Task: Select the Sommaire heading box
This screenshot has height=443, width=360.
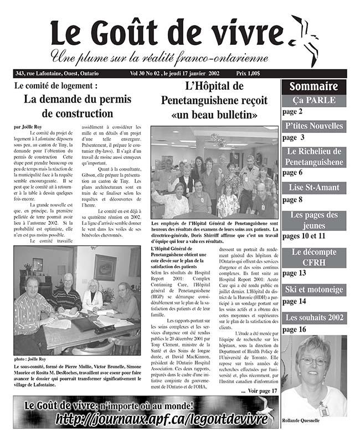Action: click(x=313, y=86)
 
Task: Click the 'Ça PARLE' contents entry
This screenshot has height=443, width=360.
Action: click(x=313, y=101)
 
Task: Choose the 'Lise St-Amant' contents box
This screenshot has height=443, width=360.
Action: click(x=313, y=188)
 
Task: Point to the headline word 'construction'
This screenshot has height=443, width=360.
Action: click(x=77, y=114)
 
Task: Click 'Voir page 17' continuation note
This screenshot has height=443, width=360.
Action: click(x=259, y=390)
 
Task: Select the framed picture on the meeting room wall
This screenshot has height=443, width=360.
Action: click(x=105, y=267)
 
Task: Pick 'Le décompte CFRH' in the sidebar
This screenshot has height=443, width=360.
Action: click(x=313, y=257)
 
